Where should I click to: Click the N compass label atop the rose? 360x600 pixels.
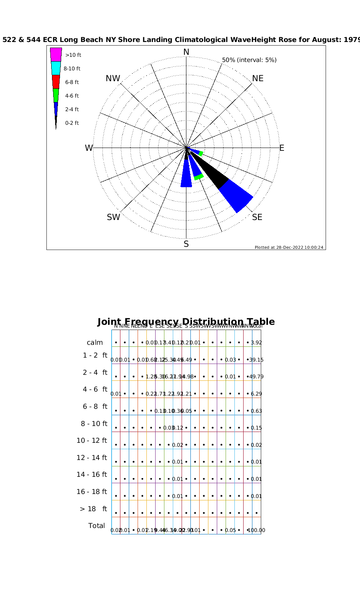tap(186, 52)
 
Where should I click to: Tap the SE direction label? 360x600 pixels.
tap(257, 217)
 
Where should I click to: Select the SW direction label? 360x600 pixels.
tap(113, 217)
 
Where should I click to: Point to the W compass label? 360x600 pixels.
tap(88, 148)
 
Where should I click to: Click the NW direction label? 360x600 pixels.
tap(113, 78)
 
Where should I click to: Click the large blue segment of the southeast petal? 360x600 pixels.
tap(236, 196)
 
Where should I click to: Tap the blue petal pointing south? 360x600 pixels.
tap(186, 176)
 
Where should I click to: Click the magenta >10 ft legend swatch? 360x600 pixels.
tap(56, 54)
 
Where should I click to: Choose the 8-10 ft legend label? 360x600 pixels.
tap(72, 69)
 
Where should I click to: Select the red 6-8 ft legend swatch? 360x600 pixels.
tap(56, 82)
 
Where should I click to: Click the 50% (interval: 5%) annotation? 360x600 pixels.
tap(249, 60)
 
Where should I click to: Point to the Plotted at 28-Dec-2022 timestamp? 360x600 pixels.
tap(289, 247)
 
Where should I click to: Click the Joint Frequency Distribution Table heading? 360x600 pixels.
tap(186, 322)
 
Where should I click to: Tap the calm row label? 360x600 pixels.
tap(95, 342)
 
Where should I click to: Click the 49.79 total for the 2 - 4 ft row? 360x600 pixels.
tap(256, 377)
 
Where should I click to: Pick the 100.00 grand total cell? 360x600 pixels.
tap(256, 530)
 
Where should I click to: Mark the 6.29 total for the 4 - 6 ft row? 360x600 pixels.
tap(256, 394)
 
